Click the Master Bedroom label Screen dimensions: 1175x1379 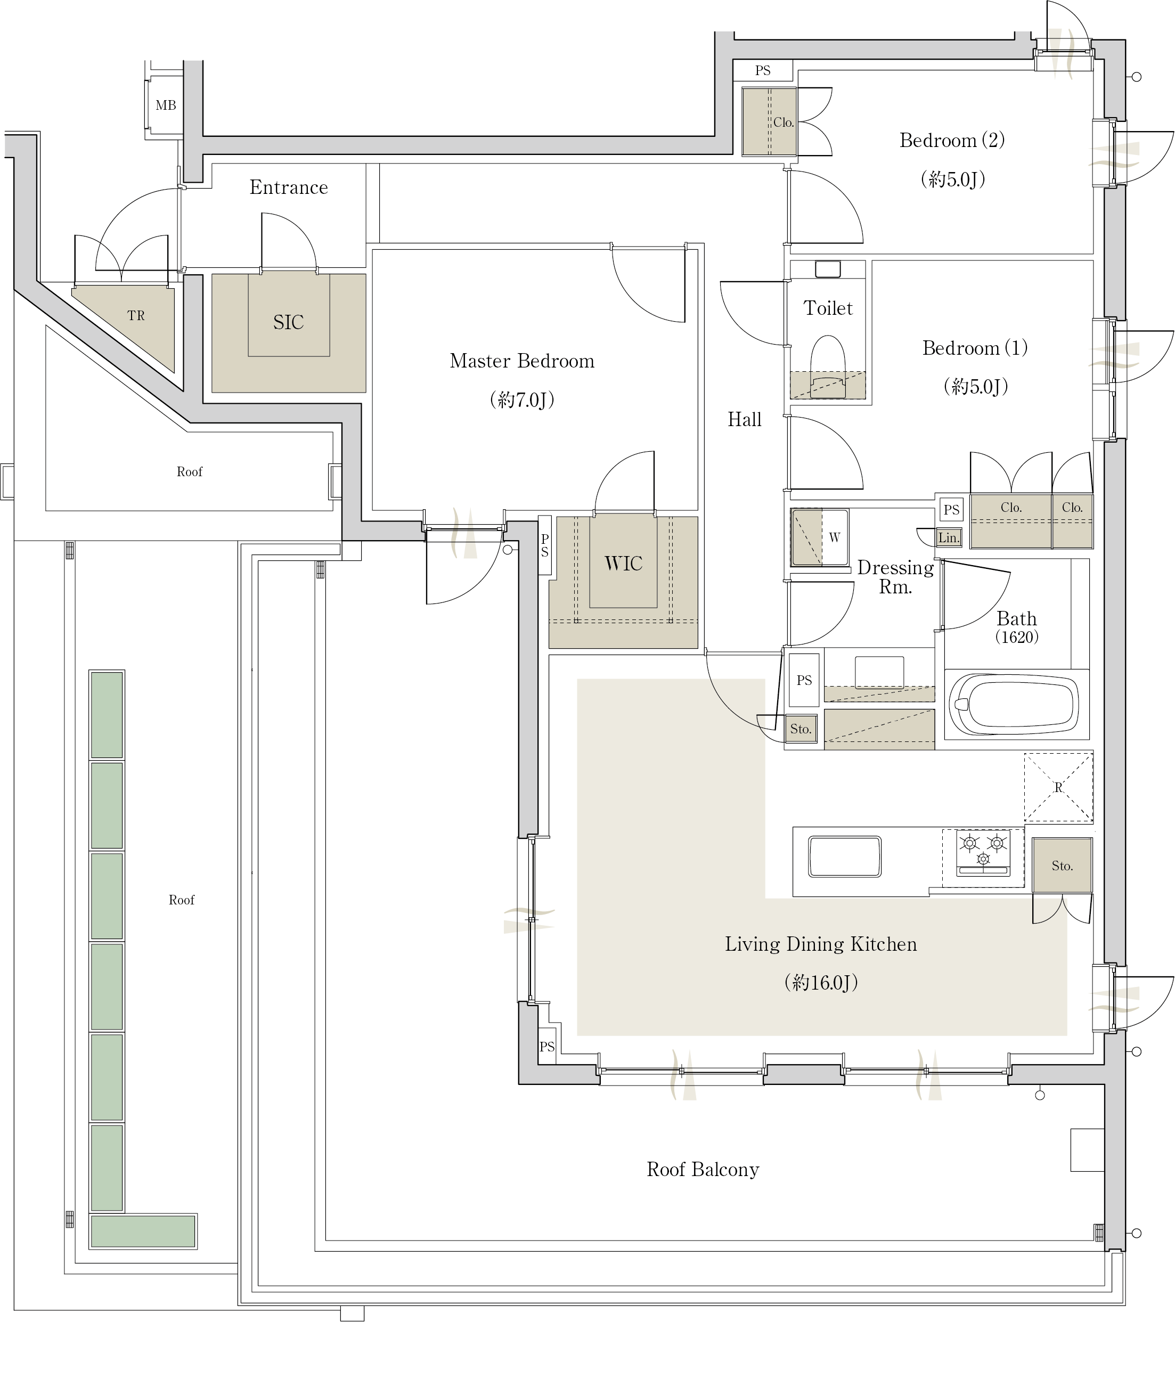522,361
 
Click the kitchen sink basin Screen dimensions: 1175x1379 844,856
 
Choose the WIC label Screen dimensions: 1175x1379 623,564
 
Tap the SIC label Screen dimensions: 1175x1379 288,322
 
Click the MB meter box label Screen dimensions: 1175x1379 166,105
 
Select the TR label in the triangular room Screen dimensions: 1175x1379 136,315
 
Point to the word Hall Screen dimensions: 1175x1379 744,419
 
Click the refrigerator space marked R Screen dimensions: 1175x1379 1058,787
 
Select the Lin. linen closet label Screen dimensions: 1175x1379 949,538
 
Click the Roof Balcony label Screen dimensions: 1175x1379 703,1169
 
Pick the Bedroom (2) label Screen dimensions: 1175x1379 952,141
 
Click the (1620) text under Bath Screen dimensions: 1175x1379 1017,637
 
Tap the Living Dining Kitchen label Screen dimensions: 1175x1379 821,944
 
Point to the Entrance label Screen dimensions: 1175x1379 289,187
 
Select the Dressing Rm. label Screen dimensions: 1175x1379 895,577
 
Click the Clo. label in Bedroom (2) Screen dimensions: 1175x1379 783,123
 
